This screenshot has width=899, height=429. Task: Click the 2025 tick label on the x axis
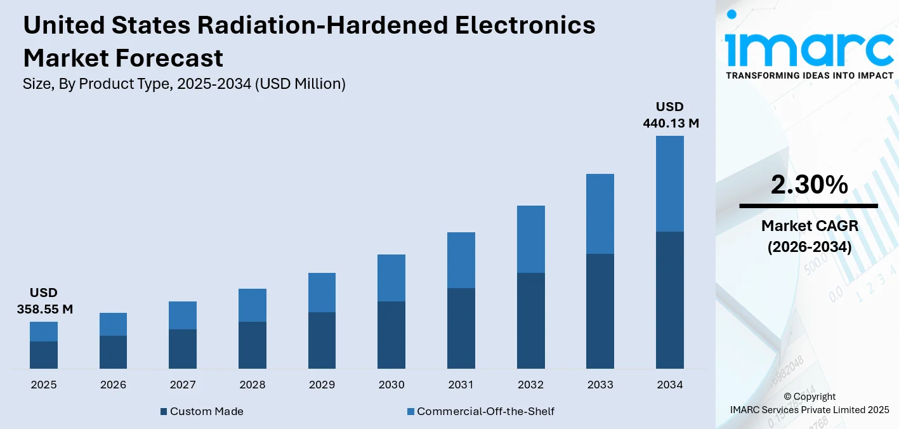tap(43, 385)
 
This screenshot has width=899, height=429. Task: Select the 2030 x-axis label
tap(391, 385)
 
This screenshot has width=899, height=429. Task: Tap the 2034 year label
tap(669, 385)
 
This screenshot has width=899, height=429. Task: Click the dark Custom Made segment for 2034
tap(669, 300)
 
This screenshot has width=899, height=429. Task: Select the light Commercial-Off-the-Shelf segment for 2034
tap(669, 183)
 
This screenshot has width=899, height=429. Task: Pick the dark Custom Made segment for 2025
tap(43, 355)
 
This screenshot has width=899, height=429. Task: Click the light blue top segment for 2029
tap(322, 293)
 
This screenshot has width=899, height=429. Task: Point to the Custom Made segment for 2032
tap(530, 320)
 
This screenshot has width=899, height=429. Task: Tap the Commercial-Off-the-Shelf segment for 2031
tap(461, 260)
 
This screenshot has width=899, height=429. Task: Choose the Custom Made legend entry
tap(201, 411)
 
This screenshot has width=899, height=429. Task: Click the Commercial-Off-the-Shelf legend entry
tap(480, 411)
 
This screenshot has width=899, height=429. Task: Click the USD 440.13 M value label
tap(670, 115)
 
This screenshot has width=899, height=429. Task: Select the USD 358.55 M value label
tap(43, 301)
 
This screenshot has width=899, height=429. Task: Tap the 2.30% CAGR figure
tap(809, 185)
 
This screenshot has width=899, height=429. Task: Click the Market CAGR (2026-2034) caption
tap(809, 236)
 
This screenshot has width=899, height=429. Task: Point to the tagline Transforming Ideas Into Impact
tap(809, 76)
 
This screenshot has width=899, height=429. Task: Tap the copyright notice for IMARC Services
tap(809, 403)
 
